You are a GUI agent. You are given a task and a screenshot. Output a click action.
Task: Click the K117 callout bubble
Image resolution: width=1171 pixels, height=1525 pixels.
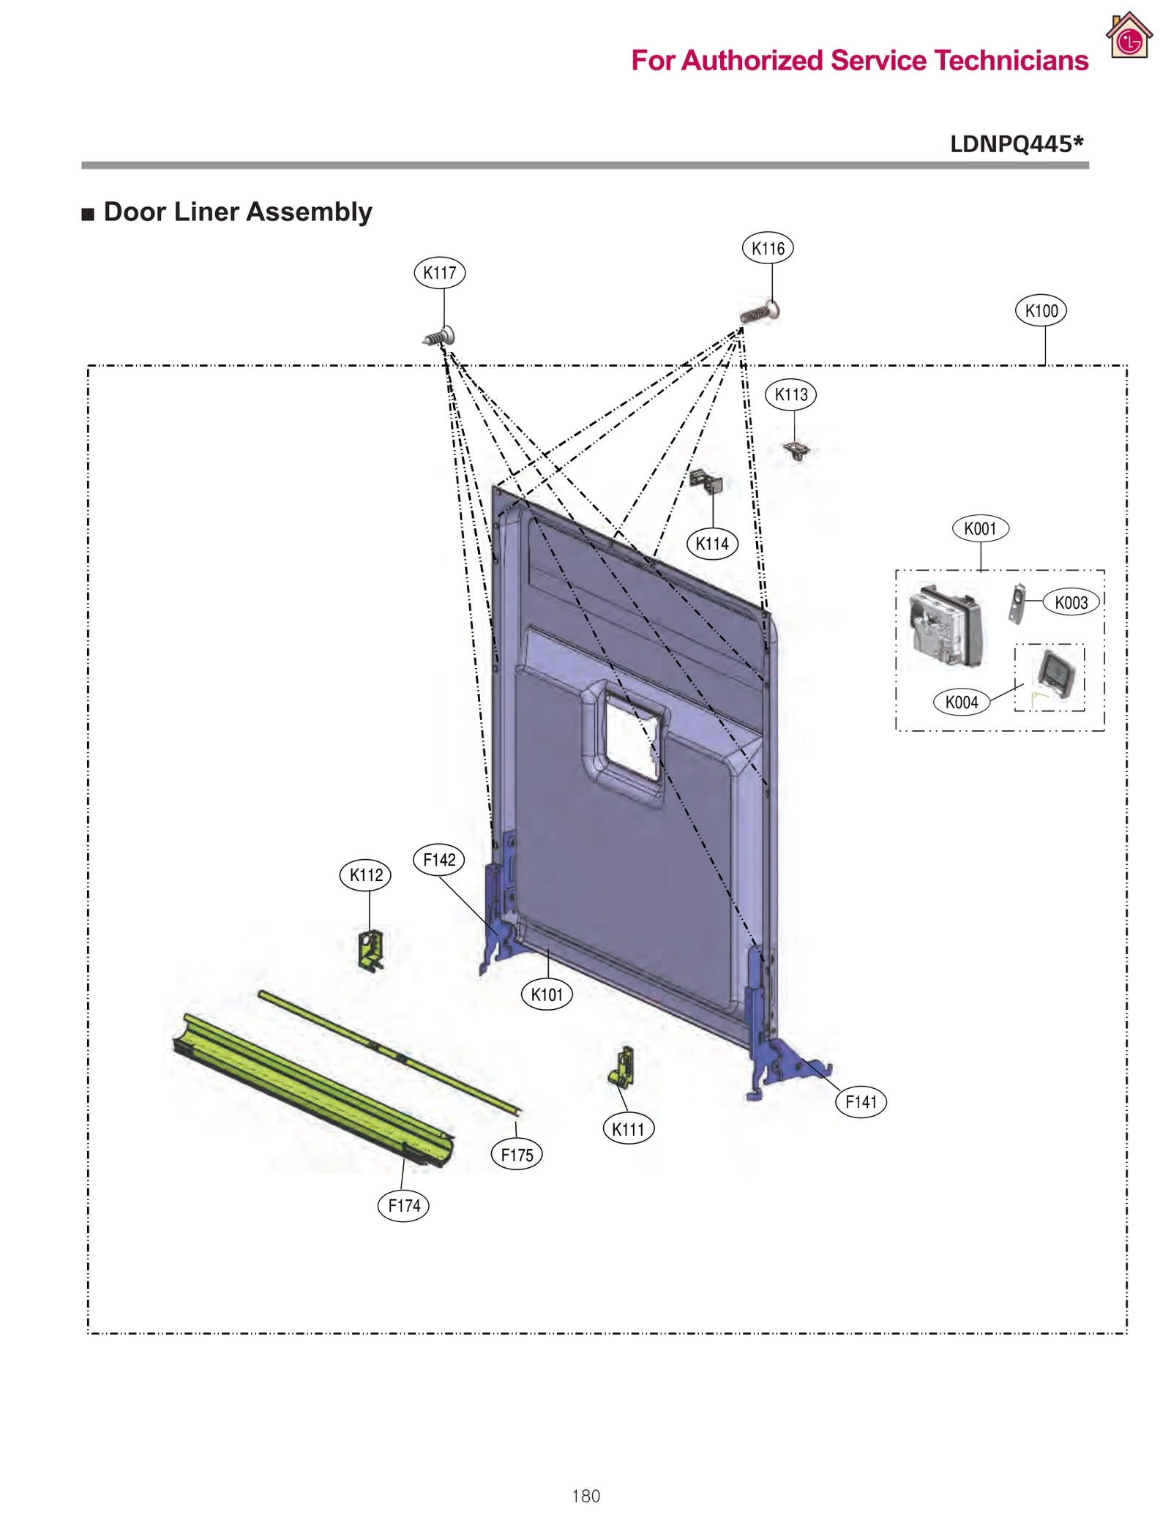coord(439,273)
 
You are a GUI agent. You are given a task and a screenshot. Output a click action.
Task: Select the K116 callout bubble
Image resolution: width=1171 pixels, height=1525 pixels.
coord(767,248)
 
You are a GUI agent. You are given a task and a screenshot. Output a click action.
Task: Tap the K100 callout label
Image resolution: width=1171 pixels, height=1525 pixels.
coord(1040,311)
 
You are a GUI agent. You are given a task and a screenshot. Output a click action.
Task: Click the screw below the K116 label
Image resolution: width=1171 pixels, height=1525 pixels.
coord(760,313)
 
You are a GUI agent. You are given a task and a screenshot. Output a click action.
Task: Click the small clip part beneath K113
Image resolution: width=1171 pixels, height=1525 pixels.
coord(796,449)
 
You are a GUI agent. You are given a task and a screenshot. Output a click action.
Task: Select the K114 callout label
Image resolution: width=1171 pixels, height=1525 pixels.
coord(711,544)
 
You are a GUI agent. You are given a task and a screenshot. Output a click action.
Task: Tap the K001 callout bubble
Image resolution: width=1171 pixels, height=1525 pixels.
coord(980,528)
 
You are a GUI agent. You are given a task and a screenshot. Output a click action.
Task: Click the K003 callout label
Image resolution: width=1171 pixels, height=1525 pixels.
coord(1070,602)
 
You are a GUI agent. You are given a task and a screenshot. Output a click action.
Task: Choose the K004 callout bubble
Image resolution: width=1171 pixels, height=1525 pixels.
coord(961,702)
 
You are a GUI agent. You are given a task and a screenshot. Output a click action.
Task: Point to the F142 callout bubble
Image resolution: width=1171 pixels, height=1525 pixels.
coord(439,859)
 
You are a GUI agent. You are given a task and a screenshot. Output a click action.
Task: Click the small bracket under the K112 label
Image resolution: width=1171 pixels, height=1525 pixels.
coord(371,949)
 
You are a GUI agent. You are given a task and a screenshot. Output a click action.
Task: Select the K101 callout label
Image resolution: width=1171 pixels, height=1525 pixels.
coord(547,994)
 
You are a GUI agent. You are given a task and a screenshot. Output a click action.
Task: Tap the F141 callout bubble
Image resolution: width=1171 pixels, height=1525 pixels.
coord(860,1101)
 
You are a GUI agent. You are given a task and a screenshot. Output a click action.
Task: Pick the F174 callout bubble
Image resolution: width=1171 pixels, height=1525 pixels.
coord(403,1205)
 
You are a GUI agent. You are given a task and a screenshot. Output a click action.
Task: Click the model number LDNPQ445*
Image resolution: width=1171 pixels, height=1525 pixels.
coord(1016,143)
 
